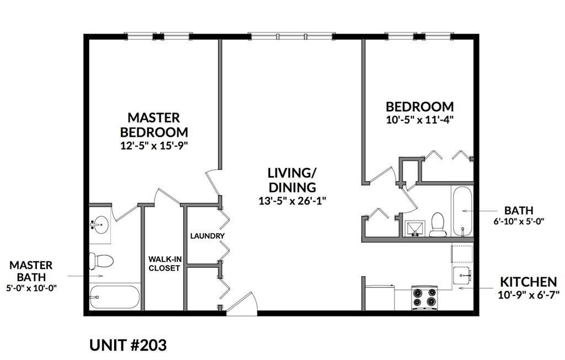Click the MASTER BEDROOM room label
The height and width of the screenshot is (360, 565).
[154, 125]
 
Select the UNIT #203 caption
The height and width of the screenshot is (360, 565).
[127, 345]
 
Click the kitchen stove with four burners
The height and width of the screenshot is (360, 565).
[424, 298]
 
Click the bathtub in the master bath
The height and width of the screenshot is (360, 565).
[114, 297]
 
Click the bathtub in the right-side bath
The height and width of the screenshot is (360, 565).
[462, 211]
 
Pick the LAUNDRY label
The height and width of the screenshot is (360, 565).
[207, 236]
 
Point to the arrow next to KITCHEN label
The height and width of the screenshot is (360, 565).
[469, 287]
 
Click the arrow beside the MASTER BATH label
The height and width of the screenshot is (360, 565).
[85, 275]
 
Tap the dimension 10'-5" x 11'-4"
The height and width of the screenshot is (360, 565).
[419, 119]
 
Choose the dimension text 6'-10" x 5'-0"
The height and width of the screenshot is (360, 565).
[518, 222]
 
